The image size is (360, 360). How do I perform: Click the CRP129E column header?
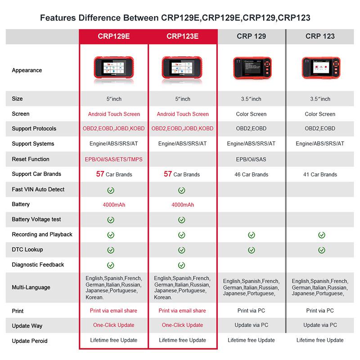pos(113,36)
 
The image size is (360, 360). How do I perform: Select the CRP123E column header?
pos(182,36)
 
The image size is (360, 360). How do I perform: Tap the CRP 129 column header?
pos(251,36)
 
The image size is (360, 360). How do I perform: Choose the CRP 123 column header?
pos(320,36)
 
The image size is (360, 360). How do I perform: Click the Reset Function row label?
pos(31,159)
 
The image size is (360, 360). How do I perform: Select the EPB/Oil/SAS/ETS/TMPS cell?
pos(113,159)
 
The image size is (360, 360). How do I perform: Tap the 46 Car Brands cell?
pos(251,175)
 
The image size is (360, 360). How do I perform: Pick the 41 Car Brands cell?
pos(320,175)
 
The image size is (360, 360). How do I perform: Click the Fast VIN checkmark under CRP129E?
pos(110,190)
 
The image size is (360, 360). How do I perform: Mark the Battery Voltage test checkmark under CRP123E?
pos(181,220)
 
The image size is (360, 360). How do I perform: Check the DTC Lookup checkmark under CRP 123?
pos(321,250)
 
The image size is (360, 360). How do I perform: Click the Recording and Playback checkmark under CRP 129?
pos(252,235)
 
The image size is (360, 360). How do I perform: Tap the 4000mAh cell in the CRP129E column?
pos(113,205)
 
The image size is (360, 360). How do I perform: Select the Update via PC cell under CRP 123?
pos(320,325)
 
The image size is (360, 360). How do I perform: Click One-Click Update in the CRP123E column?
pos(182,325)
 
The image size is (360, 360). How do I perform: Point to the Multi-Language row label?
pos(31,287)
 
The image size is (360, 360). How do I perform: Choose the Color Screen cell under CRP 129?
pos(251,114)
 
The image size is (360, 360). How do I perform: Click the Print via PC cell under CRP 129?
pos(251,310)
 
